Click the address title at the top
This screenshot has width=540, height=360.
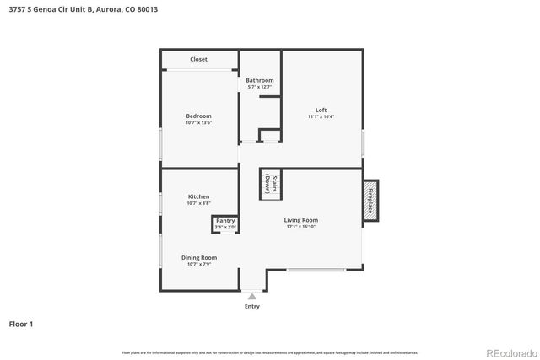[83, 9]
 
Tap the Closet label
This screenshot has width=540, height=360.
[198, 59]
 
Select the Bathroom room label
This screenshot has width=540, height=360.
[260, 80]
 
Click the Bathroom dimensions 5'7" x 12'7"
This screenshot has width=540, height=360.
[260, 87]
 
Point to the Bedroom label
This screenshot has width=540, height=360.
[198, 116]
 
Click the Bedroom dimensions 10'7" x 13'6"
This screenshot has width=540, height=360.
[198, 122]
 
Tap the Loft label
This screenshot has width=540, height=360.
[321, 110]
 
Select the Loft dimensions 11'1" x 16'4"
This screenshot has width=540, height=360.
[321, 116]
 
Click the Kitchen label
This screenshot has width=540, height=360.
[198, 196]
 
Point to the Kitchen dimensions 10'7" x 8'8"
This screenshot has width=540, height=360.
[198, 203]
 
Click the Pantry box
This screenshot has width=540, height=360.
[225, 224]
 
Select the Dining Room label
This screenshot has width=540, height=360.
[198, 257]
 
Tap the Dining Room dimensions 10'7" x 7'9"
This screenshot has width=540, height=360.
[198, 264]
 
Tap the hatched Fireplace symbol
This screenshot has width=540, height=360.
[370, 201]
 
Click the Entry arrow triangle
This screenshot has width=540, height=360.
[251, 296]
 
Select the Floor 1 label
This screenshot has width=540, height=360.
[21, 323]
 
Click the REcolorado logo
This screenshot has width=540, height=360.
[509, 352]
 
